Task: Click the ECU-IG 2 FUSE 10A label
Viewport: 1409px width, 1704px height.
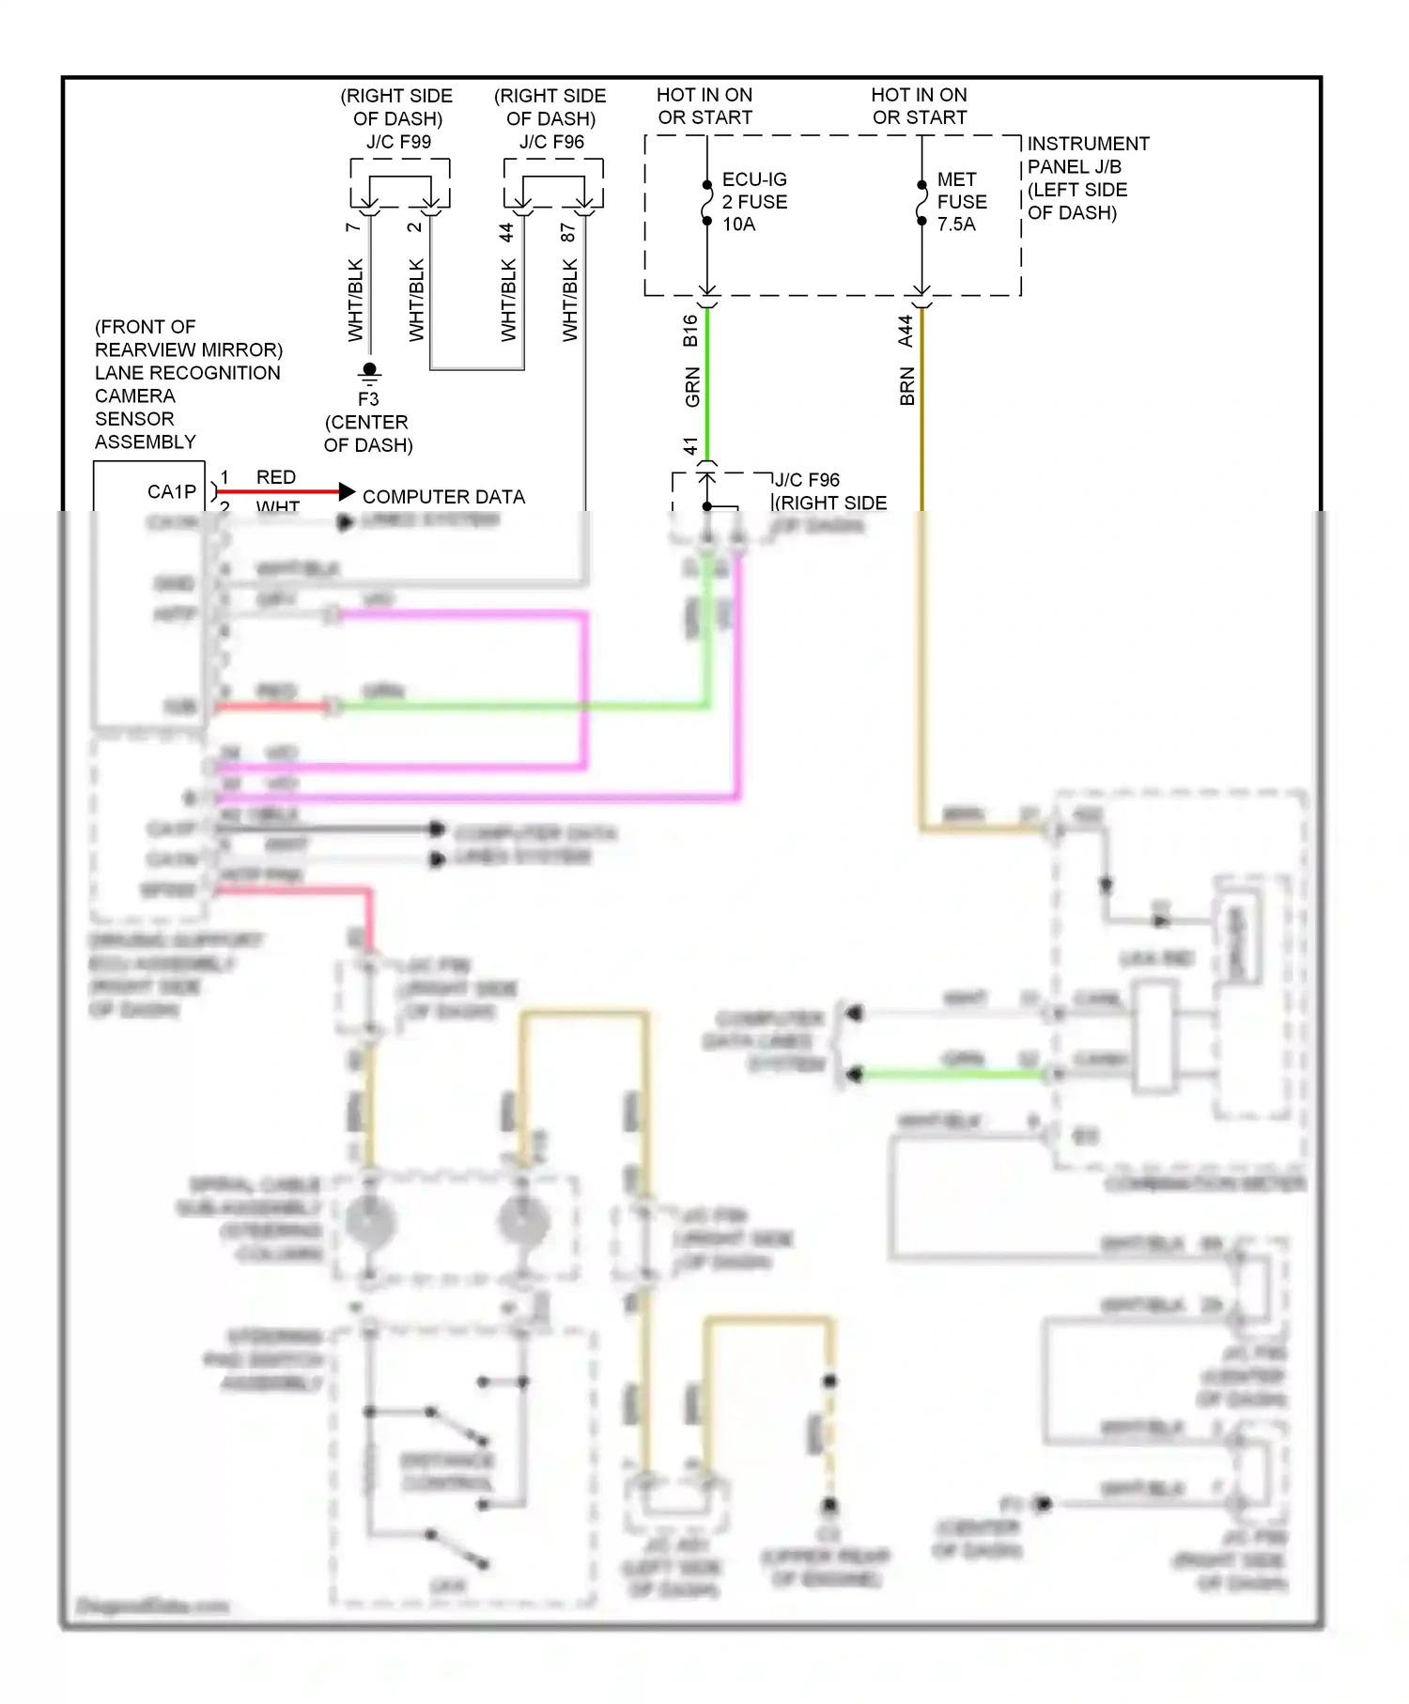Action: [x=753, y=201]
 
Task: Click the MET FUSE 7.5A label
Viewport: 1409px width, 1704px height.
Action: [x=961, y=201]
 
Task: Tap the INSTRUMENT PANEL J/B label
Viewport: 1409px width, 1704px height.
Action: [x=1087, y=155]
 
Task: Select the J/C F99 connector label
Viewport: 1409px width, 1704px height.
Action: [x=398, y=142]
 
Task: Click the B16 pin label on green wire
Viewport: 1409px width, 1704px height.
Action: [x=690, y=331]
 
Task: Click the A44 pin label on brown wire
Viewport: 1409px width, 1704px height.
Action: [x=906, y=331]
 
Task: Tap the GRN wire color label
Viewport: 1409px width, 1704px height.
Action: [x=692, y=387]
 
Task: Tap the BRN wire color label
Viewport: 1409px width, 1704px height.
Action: [x=906, y=387]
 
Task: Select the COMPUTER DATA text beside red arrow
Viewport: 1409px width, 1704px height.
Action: [x=443, y=497]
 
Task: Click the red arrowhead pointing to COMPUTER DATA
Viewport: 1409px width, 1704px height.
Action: [x=347, y=491]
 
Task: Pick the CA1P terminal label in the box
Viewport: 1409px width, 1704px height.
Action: [x=171, y=491]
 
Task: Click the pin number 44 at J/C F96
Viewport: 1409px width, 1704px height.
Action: [x=506, y=232]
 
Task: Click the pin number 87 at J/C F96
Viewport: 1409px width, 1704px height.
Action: [x=568, y=232]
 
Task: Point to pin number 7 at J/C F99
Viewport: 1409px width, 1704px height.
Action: [x=353, y=227]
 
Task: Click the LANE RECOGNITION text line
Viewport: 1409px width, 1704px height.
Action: [x=187, y=373]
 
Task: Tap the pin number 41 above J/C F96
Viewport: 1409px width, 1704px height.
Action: [x=690, y=445]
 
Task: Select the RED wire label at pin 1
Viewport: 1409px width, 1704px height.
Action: [x=275, y=477]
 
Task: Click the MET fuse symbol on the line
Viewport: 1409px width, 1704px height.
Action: [x=921, y=202]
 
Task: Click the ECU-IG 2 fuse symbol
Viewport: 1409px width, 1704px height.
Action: [x=707, y=202]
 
